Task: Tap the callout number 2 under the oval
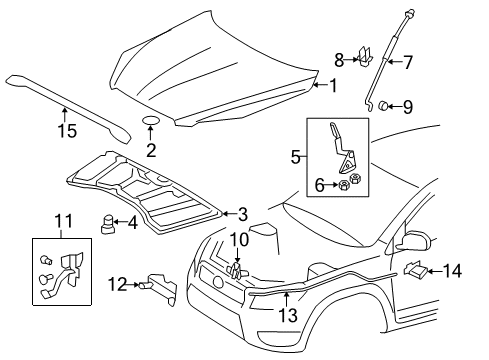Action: tap(152, 149)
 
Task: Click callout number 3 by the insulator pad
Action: tap(242, 214)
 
